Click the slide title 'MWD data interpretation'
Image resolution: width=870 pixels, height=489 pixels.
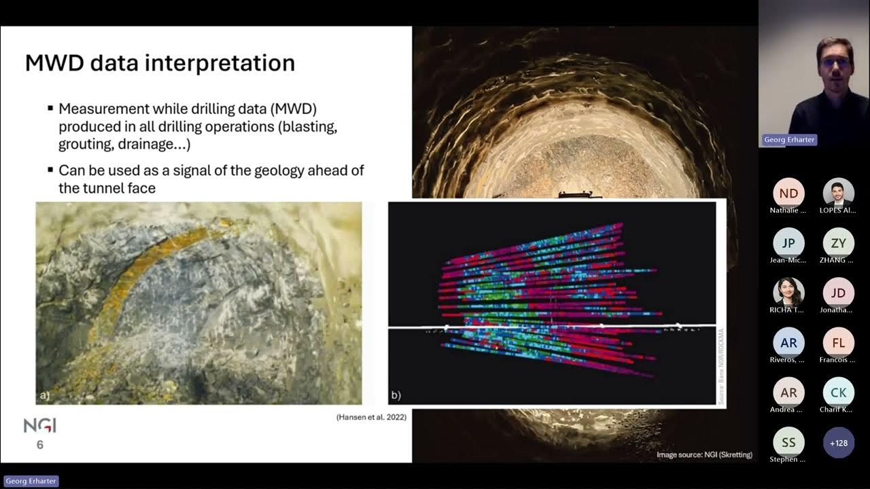point(160,63)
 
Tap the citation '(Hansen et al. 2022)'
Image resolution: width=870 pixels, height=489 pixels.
point(371,417)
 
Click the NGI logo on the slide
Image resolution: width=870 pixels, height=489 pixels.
point(40,426)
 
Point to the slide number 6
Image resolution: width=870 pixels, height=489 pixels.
point(40,445)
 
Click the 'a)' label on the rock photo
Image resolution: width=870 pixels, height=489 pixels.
point(45,395)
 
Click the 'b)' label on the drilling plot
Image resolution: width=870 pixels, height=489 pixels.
point(396,395)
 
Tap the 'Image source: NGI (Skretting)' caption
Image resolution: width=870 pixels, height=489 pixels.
point(704,454)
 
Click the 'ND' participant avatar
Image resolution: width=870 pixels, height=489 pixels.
point(788,194)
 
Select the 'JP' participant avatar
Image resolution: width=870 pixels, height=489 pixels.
point(788,243)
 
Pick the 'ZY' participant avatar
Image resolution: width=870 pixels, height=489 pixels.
point(838,243)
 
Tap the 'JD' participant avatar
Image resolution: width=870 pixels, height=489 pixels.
point(838,293)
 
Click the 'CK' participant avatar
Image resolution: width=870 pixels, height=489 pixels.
point(838,392)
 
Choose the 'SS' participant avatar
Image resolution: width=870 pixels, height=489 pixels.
point(788,442)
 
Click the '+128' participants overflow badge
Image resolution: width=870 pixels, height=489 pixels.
point(838,442)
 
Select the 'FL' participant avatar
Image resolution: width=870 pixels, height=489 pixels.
point(838,342)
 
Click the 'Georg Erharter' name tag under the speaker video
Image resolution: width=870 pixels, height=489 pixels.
point(788,139)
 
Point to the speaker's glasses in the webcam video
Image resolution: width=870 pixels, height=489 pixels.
point(834,62)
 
